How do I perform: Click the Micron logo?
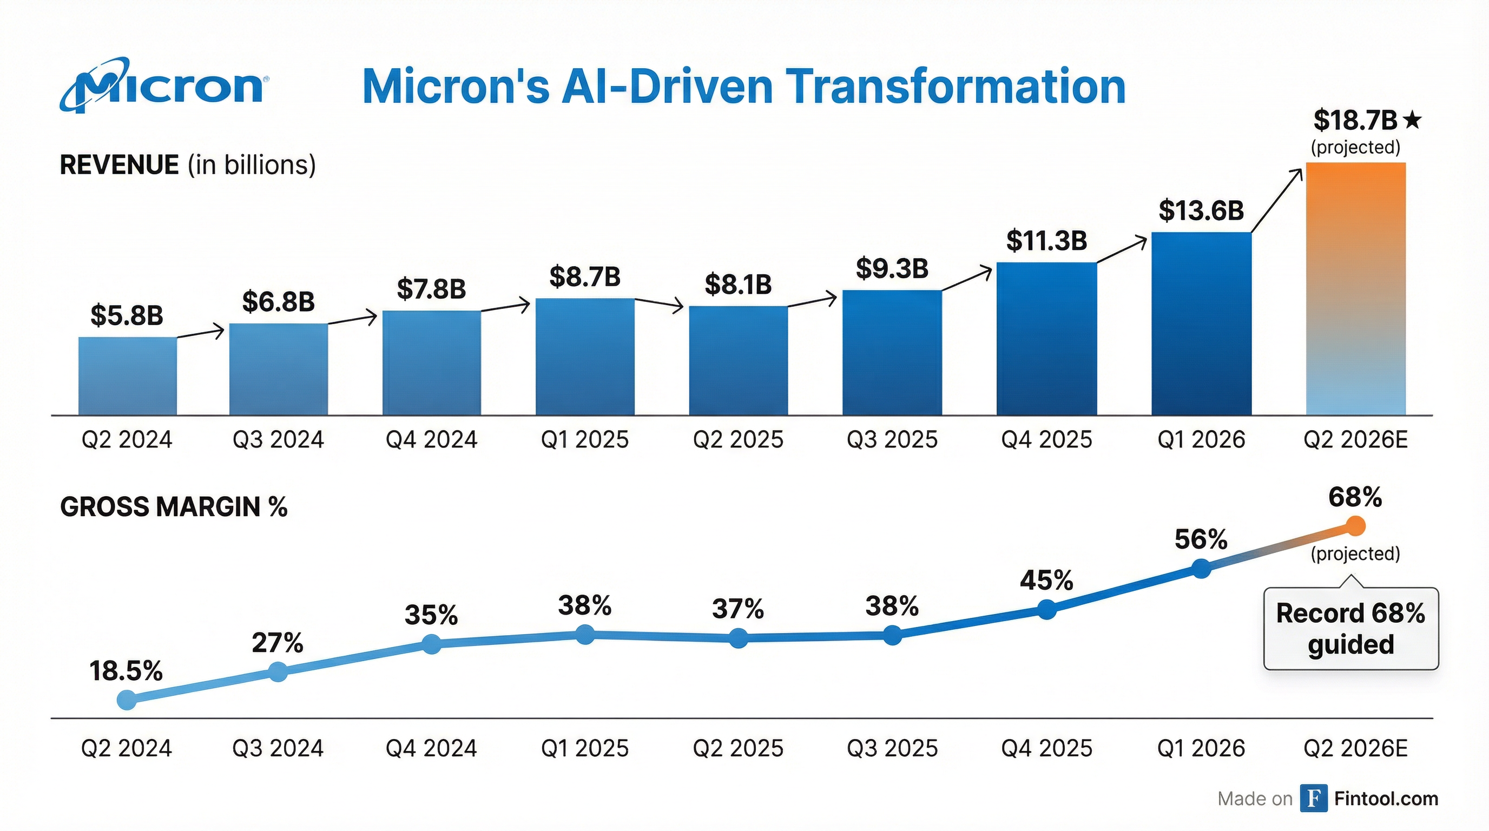pyautogui.click(x=163, y=86)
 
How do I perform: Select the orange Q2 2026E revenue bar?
pyautogui.click(x=1355, y=289)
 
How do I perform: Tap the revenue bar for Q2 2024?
pyautogui.click(x=128, y=375)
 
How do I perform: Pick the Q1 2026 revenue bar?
pyautogui.click(x=1201, y=324)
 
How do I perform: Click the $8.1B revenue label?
pyautogui.click(x=738, y=285)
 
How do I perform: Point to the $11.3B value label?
pyautogui.click(x=1046, y=240)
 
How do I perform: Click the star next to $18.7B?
pyautogui.click(x=1412, y=120)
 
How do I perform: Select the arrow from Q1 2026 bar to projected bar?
pyautogui.click(x=1277, y=200)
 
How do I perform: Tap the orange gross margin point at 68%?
pyautogui.click(x=1355, y=526)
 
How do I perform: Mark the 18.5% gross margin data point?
pyautogui.click(x=127, y=700)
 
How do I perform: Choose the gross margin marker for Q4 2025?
pyautogui.click(x=1047, y=609)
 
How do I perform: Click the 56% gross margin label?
pyautogui.click(x=1201, y=540)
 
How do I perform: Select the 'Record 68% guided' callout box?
pyautogui.click(x=1351, y=629)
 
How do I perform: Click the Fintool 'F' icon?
pyautogui.click(x=1314, y=799)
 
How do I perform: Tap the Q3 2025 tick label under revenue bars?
pyautogui.click(x=892, y=440)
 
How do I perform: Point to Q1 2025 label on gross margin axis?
pyautogui.click(x=584, y=748)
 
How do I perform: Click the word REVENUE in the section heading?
pyautogui.click(x=120, y=165)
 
